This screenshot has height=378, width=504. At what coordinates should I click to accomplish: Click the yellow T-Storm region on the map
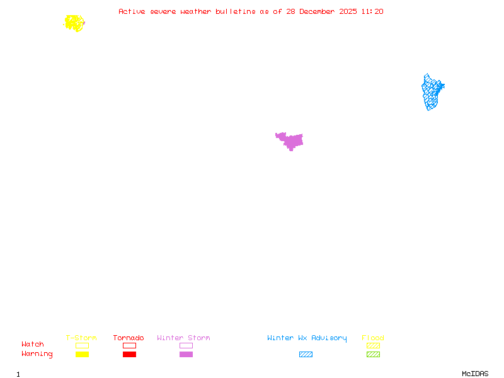tap(74, 23)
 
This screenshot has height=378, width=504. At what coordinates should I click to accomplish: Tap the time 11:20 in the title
tap(372, 11)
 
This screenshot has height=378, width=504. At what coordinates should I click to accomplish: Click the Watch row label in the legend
tap(33, 345)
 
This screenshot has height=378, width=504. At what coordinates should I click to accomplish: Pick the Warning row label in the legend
tap(37, 354)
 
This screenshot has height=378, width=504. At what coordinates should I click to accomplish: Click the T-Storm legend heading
tap(81, 338)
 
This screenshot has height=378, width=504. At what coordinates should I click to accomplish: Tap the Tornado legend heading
tap(129, 338)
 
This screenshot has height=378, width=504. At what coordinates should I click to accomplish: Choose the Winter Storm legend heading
tap(183, 338)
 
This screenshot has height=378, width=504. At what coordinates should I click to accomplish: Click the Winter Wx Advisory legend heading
tap(307, 338)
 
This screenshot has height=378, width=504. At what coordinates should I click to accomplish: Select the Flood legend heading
tap(373, 338)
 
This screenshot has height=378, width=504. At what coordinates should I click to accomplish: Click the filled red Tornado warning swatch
tap(129, 355)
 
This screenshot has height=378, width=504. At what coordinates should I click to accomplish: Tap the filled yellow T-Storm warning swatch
tap(82, 355)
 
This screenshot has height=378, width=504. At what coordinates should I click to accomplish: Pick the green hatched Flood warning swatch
tap(373, 355)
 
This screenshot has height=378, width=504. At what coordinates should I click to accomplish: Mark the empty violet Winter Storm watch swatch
tap(186, 345)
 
